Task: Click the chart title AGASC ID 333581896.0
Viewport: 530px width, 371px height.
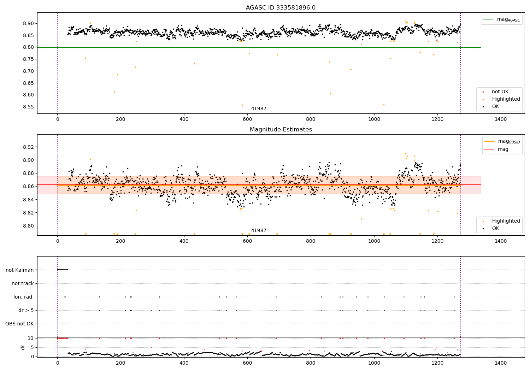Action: tap(281, 8)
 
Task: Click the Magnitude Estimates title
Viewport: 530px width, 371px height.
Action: tap(281, 130)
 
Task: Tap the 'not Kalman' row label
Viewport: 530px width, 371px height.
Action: tap(20, 270)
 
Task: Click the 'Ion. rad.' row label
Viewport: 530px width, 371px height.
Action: tap(24, 297)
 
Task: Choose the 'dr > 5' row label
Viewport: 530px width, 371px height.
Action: tap(26, 310)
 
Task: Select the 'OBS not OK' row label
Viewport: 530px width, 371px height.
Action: tap(20, 324)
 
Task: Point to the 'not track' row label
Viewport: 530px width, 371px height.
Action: tap(23, 283)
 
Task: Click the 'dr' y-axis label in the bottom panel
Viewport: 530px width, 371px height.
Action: tap(23, 347)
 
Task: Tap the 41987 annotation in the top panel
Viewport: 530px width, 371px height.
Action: tap(259, 109)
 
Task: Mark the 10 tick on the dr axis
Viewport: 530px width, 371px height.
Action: tap(31, 338)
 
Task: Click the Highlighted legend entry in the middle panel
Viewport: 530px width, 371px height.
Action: tap(506, 221)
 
